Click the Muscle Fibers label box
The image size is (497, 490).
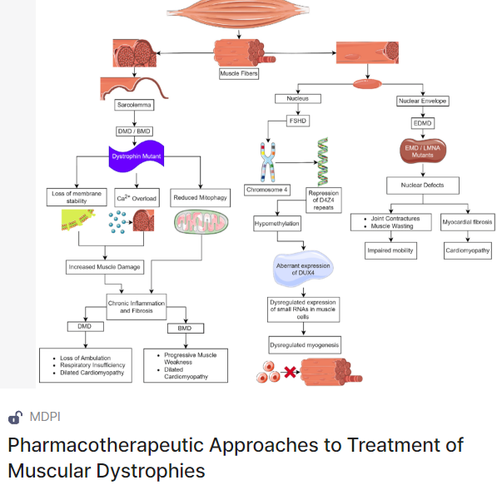point(239,73)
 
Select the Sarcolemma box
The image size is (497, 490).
point(134,105)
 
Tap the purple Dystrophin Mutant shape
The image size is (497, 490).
point(137,156)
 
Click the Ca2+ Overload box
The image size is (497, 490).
point(137,198)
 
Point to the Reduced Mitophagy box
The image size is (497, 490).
point(201,198)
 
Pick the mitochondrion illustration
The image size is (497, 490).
point(201,222)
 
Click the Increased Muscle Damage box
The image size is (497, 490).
point(105,267)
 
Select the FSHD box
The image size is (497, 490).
point(298,121)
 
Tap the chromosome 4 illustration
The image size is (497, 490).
point(268,162)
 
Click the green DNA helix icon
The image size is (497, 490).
point(323,161)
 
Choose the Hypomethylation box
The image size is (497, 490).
point(277,223)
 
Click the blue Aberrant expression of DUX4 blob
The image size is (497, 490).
point(303,269)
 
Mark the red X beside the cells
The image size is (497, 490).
point(290,372)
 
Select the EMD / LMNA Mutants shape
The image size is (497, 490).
point(423,151)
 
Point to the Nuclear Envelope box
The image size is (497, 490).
point(423,101)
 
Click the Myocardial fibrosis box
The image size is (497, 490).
point(468,222)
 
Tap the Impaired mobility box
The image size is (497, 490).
point(390,250)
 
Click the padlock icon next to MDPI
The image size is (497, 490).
point(15,417)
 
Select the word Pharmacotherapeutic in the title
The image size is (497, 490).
point(106,446)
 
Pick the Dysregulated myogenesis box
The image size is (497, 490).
point(305,345)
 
